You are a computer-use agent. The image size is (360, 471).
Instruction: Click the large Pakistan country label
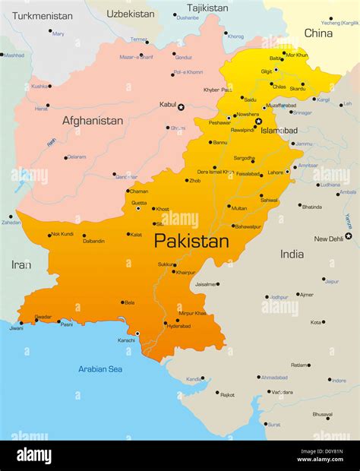[x=191, y=242]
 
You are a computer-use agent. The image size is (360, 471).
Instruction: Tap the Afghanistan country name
[x=93, y=121]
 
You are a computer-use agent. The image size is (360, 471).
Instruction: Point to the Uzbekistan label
[x=131, y=14]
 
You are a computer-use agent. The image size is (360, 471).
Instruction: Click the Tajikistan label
[x=207, y=8]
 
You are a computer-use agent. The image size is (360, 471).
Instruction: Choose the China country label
[x=318, y=33]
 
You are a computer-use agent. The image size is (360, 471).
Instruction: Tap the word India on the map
[x=292, y=254]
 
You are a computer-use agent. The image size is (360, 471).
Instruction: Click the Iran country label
[x=21, y=264]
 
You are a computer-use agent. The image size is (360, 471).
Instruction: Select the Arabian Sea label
[x=100, y=369]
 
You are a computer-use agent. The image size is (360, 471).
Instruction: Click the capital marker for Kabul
[x=181, y=107]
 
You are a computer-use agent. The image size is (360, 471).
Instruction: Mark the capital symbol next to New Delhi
[x=349, y=235]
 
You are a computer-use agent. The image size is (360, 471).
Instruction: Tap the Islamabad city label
[x=279, y=131]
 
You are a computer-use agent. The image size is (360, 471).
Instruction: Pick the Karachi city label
[x=126, y=340]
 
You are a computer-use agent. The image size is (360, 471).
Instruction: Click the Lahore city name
[x=275, y=172]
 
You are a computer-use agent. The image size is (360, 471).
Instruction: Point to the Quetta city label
[x=139, y=203]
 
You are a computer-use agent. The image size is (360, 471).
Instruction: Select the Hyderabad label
[x=178, y=327]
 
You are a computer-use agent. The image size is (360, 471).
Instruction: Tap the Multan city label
[x=239, y=208]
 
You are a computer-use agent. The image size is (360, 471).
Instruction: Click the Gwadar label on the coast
[x=43, y=317]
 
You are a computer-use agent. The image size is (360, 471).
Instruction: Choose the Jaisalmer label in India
[x=205, y=284]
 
